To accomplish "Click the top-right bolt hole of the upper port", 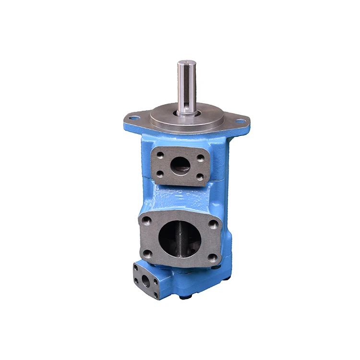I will click(201, 157).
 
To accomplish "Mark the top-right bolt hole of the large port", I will click(214, 224).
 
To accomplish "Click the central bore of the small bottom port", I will click(146, 282).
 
